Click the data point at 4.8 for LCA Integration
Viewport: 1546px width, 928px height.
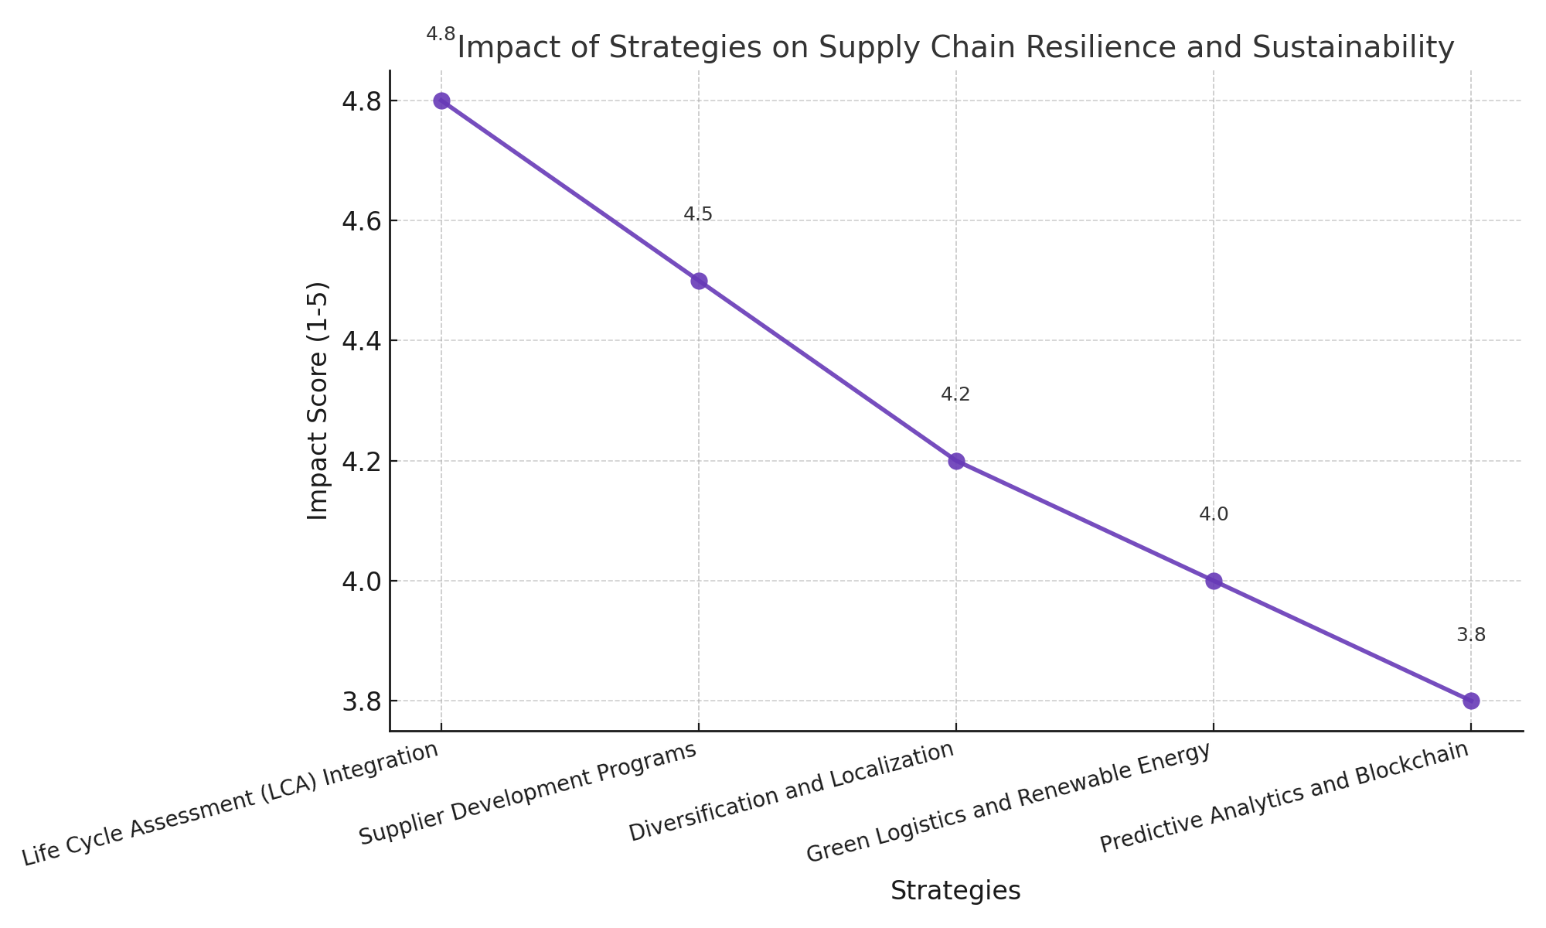coord(441,101)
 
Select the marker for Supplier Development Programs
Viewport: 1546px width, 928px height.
coord(699,281)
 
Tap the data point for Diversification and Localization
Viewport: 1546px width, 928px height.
coord(956,461)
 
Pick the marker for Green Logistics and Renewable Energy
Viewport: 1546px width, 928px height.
coord(1214,581)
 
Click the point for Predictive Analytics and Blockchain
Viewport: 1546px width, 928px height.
coord(1471,701)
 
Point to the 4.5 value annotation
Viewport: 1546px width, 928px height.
coord(698,215)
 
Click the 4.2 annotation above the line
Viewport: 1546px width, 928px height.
coord(955,395)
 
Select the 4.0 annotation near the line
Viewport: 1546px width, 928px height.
coord(1214,515)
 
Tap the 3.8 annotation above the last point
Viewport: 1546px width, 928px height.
coord(1471,636)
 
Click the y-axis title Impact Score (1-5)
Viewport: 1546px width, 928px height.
coord(318,401)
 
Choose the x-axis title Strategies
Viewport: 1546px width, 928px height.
coord(955,891)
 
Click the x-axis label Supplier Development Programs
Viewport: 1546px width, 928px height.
coord(529,793)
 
